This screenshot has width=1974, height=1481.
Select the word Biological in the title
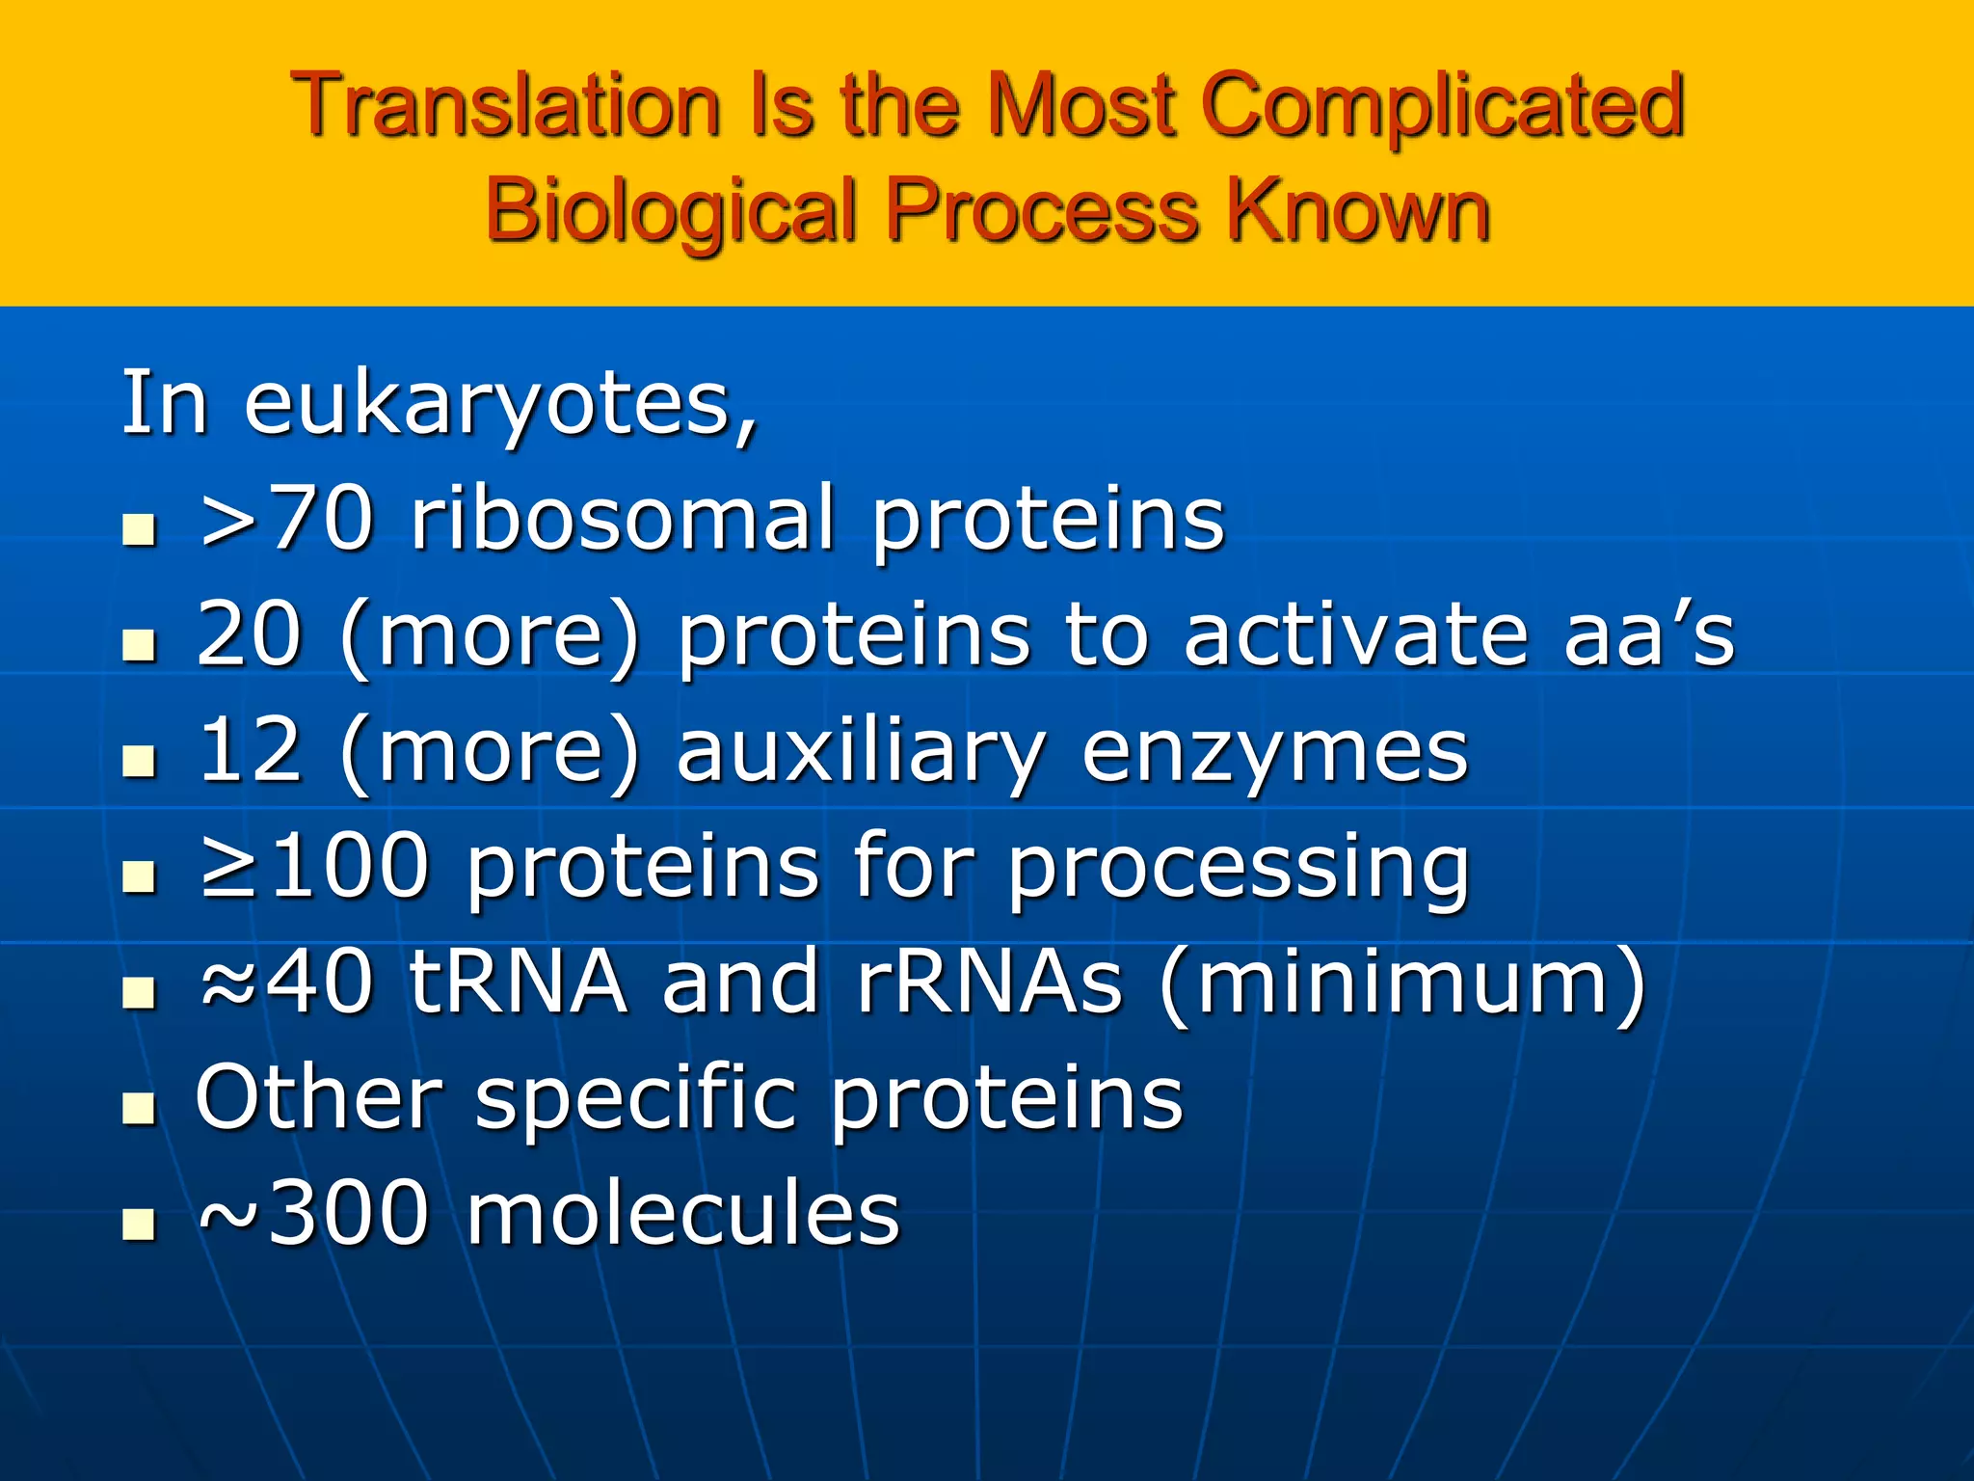click(x=671, y=210)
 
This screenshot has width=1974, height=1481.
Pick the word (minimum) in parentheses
click(x=1403, y=983)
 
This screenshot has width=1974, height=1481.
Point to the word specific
click(x=636, y=1099)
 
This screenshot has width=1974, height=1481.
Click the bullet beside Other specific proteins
click(x=140, y=1109)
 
